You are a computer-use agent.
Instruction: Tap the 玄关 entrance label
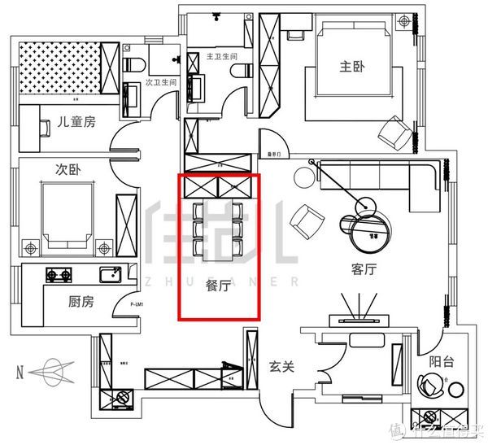tap(281, 367)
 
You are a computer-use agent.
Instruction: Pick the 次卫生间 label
tap(160, 82)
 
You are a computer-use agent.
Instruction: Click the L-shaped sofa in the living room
tap(382, 176)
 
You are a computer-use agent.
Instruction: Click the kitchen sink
tap(109, 274)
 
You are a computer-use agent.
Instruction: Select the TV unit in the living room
tap(358, 321)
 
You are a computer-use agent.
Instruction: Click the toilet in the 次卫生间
tap(134, 66)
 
